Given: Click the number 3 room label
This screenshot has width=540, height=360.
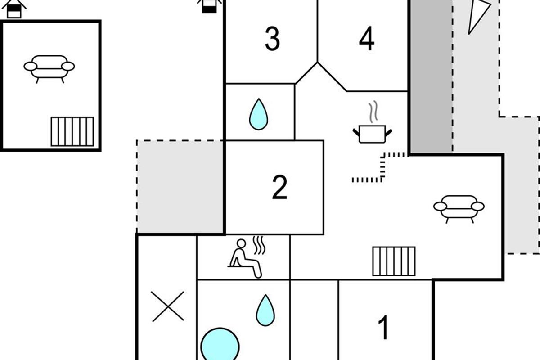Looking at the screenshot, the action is point(272,39).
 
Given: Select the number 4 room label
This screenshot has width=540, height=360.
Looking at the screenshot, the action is point(367,39).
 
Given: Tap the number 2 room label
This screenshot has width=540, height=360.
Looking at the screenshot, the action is point(279,187).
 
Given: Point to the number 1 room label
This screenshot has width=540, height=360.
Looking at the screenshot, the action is point(383,327).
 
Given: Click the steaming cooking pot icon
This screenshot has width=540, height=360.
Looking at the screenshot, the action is point(373,122).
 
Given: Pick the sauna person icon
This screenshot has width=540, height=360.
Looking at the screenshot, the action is point(247,258).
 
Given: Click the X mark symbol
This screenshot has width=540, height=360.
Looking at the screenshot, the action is point(168,306).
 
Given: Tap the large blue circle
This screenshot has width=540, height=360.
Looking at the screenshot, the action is point(220,345).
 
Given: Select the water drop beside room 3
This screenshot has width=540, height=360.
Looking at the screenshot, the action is point(258,114).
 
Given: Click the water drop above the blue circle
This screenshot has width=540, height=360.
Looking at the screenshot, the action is point(265,310).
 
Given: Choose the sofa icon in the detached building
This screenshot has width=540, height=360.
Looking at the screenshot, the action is point(49,69).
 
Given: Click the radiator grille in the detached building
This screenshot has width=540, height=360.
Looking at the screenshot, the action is point(72,132).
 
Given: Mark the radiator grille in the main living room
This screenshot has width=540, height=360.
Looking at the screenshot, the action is point(394,261).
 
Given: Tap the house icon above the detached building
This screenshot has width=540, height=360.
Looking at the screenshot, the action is point(14,9).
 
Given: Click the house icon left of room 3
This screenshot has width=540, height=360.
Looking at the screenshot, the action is point(209,6).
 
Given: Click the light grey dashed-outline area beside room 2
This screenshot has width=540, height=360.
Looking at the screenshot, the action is point(180,187).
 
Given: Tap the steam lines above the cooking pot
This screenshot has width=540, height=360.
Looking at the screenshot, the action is point(373,112).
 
